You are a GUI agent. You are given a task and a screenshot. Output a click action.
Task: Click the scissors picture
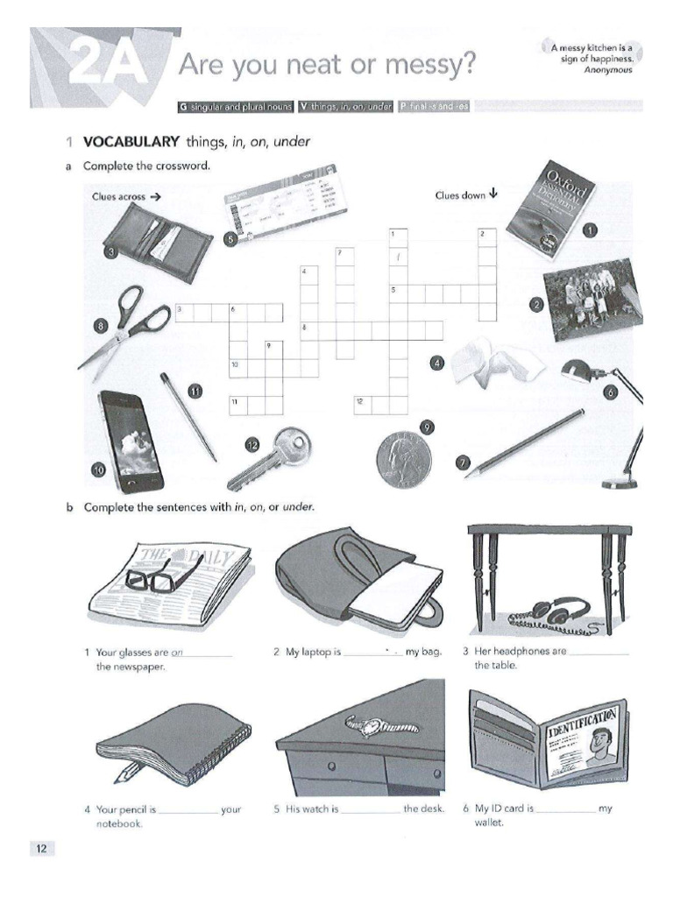click(127, 326)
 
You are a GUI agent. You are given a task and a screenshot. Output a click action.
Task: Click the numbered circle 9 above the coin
click(427, 427)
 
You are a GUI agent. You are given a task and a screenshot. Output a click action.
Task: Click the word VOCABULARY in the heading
click(131, 142)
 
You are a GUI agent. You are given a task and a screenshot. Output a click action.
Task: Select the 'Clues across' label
click(119, 197)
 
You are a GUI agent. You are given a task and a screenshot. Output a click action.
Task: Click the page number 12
click(42, 848)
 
